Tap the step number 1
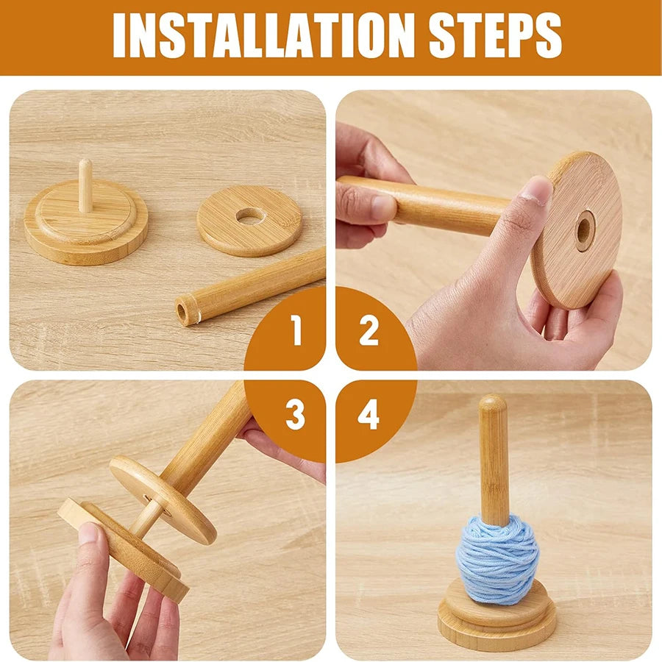coord(296,332)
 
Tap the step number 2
coord(369,332)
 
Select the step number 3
coord(296,416)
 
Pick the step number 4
coord(369,416)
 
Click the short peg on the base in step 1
coord(85,185)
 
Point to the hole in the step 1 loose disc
coord(250,216)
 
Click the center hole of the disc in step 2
coord(585,229)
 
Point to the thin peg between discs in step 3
coord(147,516)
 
